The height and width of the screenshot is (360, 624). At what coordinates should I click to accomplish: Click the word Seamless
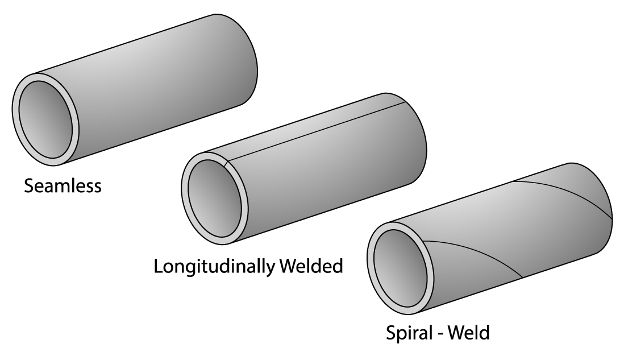pos(63,186)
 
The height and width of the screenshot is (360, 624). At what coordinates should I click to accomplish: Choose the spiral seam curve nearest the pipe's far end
pos(568,193)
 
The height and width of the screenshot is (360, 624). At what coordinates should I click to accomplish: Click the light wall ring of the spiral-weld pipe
pos(373,270)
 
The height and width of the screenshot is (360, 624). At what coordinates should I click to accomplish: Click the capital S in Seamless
pos(29,186)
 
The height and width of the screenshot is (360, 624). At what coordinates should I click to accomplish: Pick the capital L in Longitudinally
pos(159,266)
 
